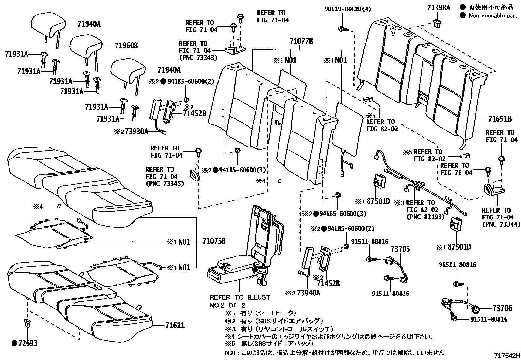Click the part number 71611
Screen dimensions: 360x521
[x=175, y=325]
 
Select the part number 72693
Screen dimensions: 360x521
[x=27, y=343]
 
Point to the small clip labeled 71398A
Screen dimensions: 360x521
[x=436, y=23]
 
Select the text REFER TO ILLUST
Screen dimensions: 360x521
[x=240, y=297]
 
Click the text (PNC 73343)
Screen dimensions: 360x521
[x=198, y=58]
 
